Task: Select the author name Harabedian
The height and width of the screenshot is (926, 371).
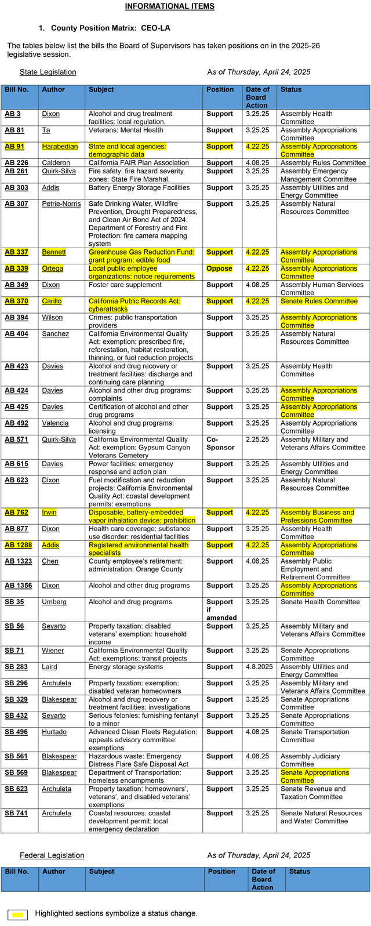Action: [x=60, y=147]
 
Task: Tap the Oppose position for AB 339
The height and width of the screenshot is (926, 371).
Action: [x=219, y=268]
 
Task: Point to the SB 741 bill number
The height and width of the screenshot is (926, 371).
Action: [x=16, y=814]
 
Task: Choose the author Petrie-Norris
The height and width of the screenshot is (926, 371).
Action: [x=61, y=204]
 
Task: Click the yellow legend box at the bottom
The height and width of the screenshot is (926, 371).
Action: [x=18, y=914]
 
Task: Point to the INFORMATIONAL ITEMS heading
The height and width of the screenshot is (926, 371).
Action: [x=170, y=6]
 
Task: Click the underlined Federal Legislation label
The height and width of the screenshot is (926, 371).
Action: [x=52, y=855]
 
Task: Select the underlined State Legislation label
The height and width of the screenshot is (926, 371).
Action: [x=48, y=72]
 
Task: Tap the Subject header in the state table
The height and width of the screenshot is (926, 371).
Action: [x=101, y=90]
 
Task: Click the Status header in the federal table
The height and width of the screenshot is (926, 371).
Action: [x=300, y=871]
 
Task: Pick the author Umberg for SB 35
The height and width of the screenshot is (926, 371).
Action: [x=54, y=602]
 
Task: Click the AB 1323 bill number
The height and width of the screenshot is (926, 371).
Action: [x=16, y=562]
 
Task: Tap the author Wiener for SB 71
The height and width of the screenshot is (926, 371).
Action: [x=53, y=651]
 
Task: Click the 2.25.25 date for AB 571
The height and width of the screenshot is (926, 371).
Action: [x=257, y=440]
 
